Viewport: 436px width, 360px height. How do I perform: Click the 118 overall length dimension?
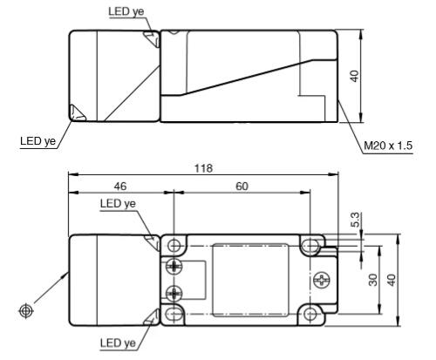(203, 168)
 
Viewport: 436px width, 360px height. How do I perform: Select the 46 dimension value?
(120, 187)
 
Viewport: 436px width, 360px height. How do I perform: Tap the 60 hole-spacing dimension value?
(242, 187)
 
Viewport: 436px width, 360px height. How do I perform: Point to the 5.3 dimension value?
(355, 220)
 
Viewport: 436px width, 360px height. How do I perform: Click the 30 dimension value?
(373, 280)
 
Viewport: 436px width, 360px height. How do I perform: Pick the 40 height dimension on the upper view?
(355, 76)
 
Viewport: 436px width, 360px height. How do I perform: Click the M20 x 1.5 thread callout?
(388, 146)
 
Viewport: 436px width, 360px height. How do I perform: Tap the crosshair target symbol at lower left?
(26, 311)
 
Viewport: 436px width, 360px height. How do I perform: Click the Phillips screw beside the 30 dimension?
(322, 280)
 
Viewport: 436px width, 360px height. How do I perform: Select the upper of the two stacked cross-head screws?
(174, 266)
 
